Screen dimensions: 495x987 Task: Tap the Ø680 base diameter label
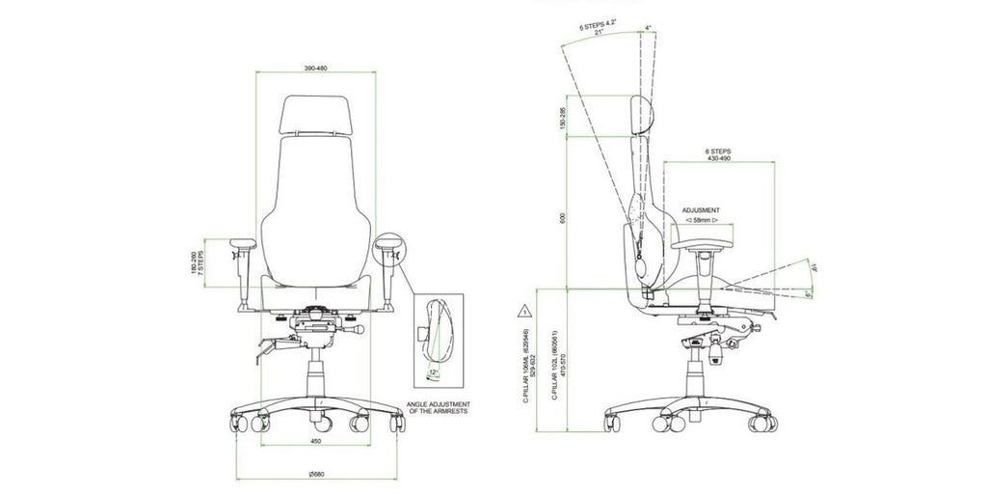317,472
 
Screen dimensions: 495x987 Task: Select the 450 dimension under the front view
315,441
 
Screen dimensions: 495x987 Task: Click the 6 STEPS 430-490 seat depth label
719,155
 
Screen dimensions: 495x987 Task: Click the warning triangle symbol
521,311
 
